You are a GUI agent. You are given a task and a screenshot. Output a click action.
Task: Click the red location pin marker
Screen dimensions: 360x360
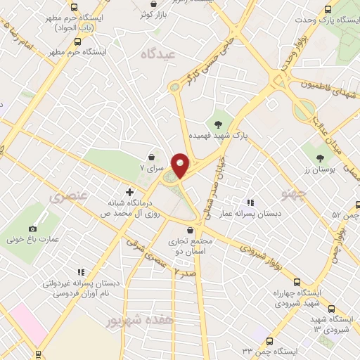(x=180, y=165)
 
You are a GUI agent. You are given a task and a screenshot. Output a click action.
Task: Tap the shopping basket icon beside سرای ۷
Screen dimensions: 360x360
(x=152, y=157)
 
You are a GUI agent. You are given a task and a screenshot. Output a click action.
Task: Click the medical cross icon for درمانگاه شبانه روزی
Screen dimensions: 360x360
(x=129, y=191)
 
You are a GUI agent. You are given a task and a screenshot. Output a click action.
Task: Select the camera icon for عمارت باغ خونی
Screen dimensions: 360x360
(x=33, y=229)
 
